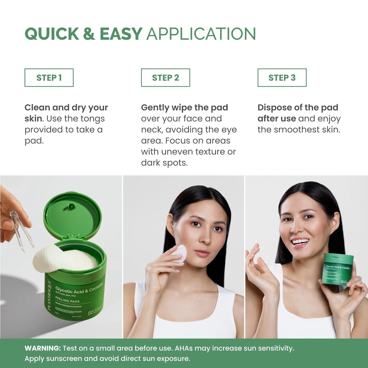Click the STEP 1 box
tap(49, 78)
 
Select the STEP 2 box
tap(166, 78)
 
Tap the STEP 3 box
tap(282, 78)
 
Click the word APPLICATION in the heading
tap(201, 34)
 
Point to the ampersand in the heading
tap(89, 34)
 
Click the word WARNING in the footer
tap(43, 348)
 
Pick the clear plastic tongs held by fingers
tap(22, 232)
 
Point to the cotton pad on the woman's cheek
tap(180, 253)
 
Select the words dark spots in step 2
tap(164, 163)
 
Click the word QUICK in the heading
tap(52, 34)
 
